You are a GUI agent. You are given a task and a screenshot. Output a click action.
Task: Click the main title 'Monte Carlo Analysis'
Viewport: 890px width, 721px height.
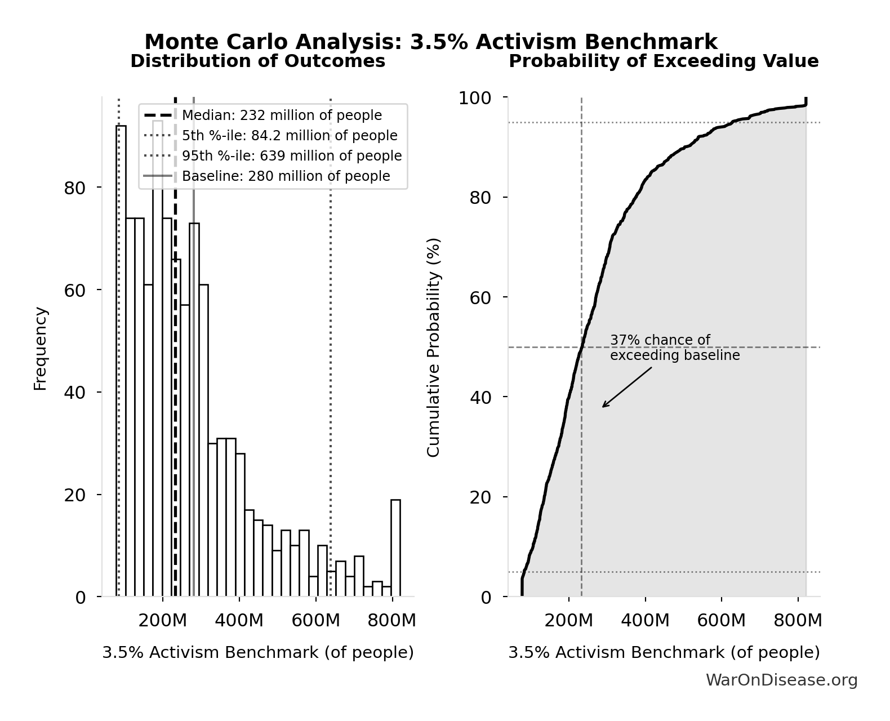click(431, 42)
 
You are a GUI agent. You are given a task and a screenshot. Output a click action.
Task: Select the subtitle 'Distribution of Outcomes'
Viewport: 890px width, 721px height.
click(258, 61)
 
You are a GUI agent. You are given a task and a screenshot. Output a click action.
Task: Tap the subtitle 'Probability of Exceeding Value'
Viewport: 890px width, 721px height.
click(664, 61)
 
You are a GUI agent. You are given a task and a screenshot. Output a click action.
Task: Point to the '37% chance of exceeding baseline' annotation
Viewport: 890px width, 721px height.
click(674, 348)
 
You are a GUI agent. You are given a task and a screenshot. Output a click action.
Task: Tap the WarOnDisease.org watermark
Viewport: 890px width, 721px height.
click(781, 680)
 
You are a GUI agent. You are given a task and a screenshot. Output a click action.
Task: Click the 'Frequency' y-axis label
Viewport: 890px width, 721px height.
click(41, 348)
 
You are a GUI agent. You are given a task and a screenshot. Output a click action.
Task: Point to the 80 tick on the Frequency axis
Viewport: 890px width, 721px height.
click(74, 188)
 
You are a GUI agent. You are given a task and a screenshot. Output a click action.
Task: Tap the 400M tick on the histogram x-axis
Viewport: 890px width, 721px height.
click(239, 621)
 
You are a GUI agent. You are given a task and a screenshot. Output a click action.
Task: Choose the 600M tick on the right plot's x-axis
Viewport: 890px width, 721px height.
click(721, 621)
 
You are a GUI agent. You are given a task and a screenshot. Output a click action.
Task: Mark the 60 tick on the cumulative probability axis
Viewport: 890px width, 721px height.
click(480, 297)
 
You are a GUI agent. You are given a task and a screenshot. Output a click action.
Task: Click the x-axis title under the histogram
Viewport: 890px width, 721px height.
click(258, 652)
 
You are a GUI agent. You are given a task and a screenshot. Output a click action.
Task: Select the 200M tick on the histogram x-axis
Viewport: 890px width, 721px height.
click(162, 621)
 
